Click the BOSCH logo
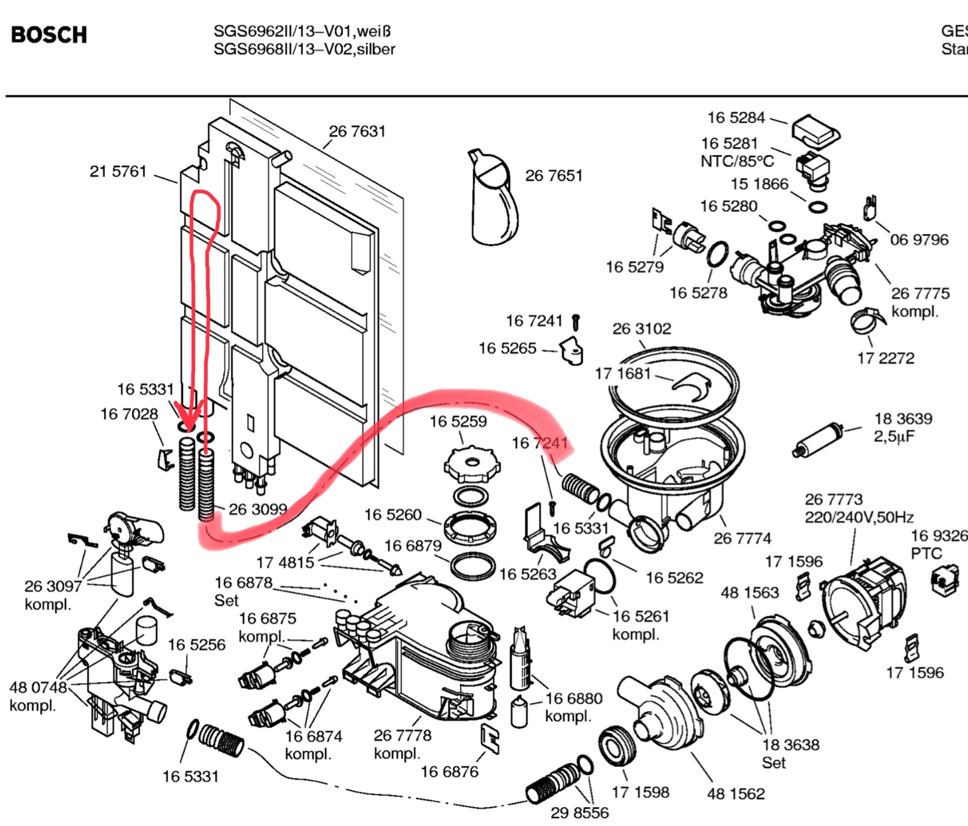[49, 35]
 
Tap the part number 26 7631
[357, 131]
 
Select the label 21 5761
[118, 171]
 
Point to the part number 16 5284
[736, 117]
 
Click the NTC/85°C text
[737, 161]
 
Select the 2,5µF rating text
[894, 436]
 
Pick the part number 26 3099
[258, 509]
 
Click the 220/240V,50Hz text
[859, 517]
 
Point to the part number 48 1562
[735, 793]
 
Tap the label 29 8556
[579, 813]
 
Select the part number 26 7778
[402, 735]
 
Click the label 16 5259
[458, 421]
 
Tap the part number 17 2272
[885, 358]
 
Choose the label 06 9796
[919, 239]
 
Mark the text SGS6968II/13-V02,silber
[304, 49]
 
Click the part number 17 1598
[640, 792]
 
